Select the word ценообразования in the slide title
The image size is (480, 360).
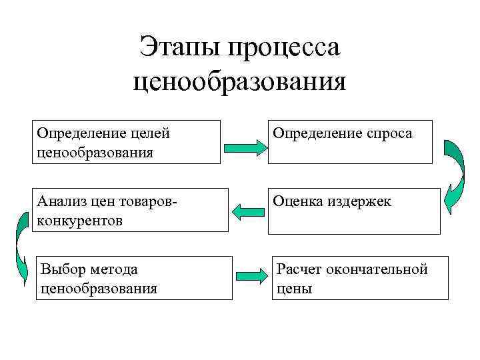click(x=240, y=83)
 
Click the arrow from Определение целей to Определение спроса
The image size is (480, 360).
click(x=244, y=147)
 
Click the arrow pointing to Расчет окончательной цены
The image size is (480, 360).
click(x=251, y=275)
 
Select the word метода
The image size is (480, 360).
click(x=115, y=269)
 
